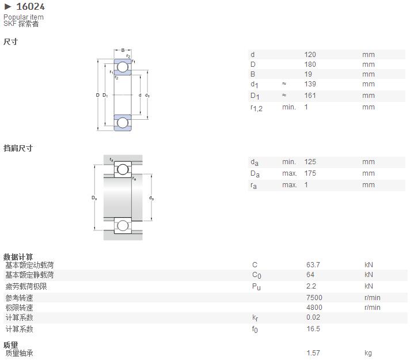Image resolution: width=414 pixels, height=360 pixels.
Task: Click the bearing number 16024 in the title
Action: point(31,6)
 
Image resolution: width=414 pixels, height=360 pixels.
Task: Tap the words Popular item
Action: point(24,17)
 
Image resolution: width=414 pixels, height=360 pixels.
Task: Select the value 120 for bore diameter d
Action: point(310,55)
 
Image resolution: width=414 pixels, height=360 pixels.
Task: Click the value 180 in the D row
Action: point(310,65)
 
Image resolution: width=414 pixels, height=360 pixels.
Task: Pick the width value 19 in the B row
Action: point(308,74)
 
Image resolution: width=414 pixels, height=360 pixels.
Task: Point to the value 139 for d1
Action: point(310,84)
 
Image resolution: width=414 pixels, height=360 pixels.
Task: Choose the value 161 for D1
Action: point(310,96)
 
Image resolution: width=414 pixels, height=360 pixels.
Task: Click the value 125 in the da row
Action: point(310,162)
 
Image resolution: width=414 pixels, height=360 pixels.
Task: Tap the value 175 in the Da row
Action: point(310,173)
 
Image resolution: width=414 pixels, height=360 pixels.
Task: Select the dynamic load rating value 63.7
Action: point(313,264)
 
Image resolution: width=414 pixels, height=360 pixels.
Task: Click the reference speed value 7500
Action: point(314,298)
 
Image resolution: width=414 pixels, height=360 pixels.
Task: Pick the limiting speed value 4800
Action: point(314,308)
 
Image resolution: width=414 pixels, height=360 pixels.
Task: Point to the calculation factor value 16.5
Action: point(313,329)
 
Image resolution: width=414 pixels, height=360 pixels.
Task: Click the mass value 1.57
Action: point(313,353)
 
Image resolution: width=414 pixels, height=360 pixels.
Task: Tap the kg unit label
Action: point(369,353)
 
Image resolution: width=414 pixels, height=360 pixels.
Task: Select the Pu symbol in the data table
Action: point(256,287)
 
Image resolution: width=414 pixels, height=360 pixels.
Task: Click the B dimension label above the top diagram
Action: point(123,50)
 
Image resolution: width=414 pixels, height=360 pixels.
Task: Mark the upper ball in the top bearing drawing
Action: point(123,67)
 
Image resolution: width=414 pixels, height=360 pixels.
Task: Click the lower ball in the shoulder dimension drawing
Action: point(123,226)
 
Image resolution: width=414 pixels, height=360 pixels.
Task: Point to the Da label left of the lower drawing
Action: point(94,198)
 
